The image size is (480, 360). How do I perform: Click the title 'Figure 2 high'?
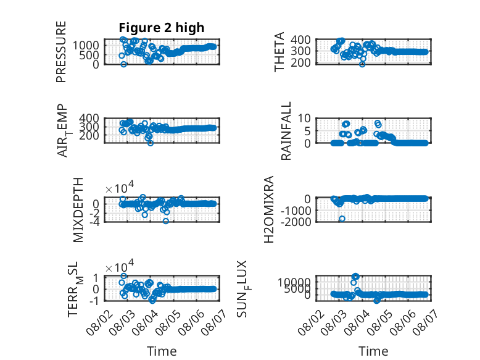161,28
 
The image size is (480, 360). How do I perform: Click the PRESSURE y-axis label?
61,51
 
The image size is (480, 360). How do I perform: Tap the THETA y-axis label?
279,51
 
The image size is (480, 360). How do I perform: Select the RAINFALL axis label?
286,131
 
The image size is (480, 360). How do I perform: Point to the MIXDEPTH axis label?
78,210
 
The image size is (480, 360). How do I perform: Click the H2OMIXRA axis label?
268,209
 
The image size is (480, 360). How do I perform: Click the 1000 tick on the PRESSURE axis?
86,46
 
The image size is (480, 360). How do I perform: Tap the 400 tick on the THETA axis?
300,40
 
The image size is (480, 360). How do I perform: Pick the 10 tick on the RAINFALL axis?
304,118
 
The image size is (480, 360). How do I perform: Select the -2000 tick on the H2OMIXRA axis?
296,222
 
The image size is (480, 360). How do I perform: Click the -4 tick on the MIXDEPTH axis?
95,222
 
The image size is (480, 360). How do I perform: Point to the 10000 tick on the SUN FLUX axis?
294,282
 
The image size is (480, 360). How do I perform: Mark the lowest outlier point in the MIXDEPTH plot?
165,221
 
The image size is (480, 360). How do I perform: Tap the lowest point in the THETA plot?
362,64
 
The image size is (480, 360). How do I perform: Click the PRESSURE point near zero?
123,64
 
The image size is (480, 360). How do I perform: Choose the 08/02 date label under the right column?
312,322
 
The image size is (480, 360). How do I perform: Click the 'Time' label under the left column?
162,351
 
